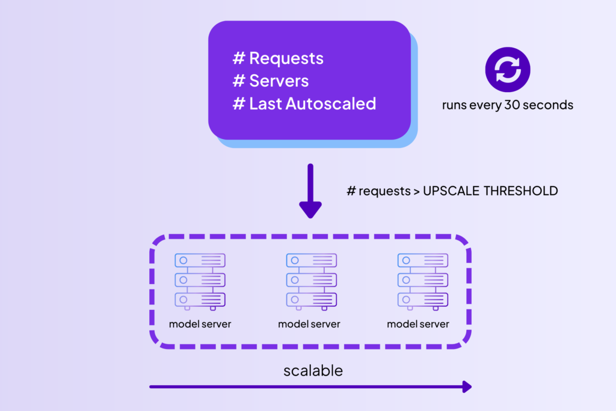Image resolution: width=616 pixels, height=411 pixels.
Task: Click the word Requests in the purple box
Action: pos(286,58)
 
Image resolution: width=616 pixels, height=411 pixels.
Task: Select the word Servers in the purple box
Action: pos(279,81)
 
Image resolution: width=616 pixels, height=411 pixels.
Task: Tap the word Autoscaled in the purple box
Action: pos(330,104)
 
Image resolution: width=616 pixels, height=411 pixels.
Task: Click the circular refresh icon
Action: pos(508,69)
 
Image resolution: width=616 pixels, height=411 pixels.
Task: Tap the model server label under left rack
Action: pos(200,324)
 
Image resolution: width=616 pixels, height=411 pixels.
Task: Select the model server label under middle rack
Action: pos(309,324)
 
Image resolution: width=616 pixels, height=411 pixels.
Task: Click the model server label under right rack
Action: pos(418,324)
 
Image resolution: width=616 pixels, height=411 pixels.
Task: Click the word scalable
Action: pos(313,371)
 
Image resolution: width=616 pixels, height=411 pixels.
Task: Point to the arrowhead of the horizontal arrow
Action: pos(466,387)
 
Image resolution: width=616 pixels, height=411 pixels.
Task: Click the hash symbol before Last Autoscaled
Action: pos(239,104)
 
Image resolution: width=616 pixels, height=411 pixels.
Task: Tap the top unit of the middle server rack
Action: pos(311,260)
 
